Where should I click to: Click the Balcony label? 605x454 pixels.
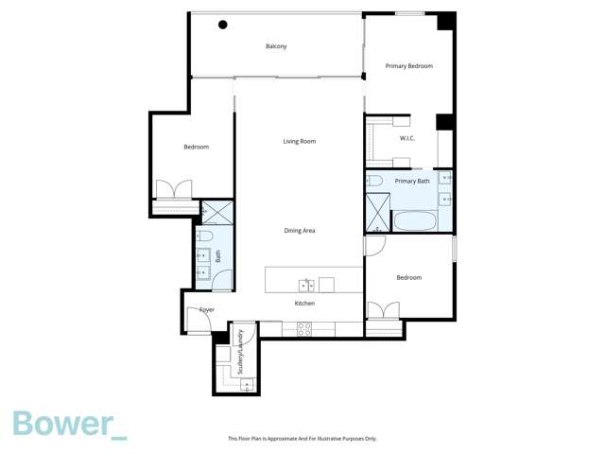[x=276, y=46]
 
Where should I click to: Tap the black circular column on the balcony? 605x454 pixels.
[x=223, y=25]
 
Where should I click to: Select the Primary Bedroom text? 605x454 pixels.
[x=408, y=66]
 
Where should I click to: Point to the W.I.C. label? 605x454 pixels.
[x=407, y=139]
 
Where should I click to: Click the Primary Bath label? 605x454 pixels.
[x=412, y=181]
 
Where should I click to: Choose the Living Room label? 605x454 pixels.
[x=299, y=142]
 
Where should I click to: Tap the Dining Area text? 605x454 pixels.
[x=299, y=231]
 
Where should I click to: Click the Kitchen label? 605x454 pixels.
[x=304, y=304]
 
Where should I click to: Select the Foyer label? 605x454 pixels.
[x=206, y=310]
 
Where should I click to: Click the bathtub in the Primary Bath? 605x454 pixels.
[x=415, y=222]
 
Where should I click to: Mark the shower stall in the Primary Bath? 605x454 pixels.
[x=377, y=212]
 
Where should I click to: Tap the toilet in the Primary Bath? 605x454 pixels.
[x=374, y=180]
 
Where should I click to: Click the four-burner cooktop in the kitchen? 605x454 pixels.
[x=304, y=329]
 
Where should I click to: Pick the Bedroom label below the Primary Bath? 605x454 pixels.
[x=408, y=278]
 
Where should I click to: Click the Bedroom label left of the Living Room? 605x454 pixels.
[x=196, y=148]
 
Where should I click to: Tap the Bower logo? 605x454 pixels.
[x=69, y=425]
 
